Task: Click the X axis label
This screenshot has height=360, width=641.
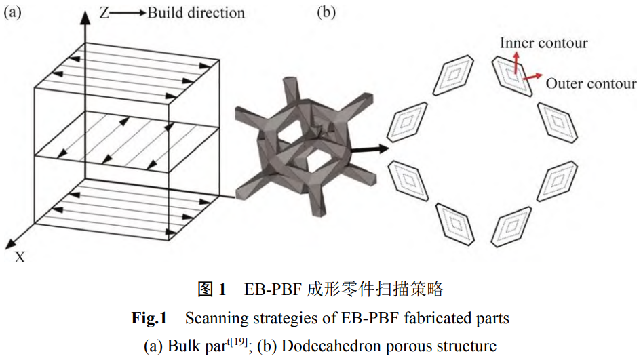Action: pos(20,257)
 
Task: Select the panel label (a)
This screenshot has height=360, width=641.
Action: pos(13,12)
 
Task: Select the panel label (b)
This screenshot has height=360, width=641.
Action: pos(327,12)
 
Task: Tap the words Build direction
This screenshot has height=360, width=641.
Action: pos(196,12)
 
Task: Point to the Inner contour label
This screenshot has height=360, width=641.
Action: pos(543,43)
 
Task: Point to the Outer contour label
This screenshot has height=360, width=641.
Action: pos(591,84)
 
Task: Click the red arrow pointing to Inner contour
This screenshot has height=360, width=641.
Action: pos(516,64)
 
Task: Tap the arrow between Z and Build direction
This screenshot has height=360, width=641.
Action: pos(127,12)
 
